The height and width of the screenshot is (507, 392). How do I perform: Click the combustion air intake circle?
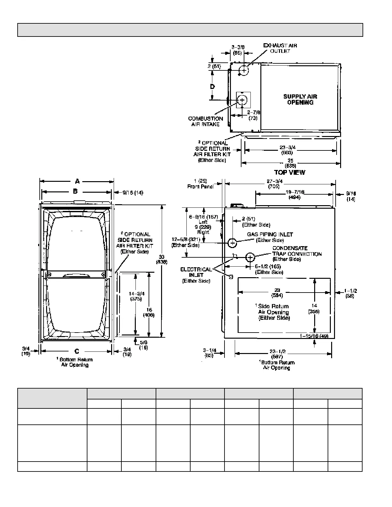tap(242, 100)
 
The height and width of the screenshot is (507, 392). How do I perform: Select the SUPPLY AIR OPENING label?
tap(300, 100)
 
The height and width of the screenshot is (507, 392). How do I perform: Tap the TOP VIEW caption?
tap(290, 173)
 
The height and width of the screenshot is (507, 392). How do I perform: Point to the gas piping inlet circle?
tap(233, 243)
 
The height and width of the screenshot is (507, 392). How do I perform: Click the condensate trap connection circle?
tap(250, 257)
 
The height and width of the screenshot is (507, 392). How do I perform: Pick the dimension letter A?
tap(77, 181)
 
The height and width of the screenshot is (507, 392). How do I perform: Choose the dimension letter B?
tap(75, 191)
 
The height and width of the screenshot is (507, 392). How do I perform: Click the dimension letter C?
tap(77, 351)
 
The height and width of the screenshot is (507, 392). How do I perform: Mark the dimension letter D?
tap(212, 86)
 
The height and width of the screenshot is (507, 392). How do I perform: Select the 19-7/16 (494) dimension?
tap(294, 195)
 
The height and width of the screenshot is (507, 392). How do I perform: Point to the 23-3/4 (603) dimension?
tap(287, 150)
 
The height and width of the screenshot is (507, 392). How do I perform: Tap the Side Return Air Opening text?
tap(274, 312)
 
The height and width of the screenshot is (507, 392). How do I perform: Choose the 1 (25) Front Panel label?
tap(200, 184)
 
